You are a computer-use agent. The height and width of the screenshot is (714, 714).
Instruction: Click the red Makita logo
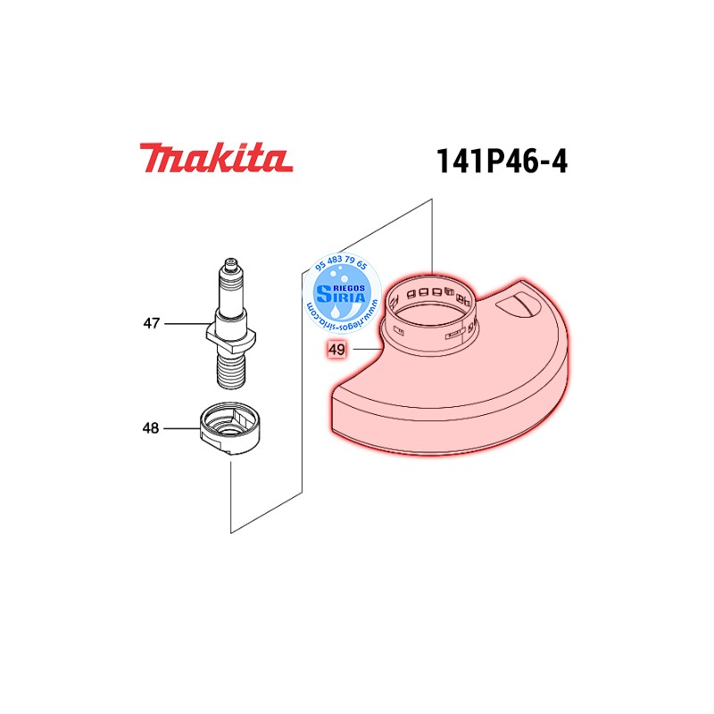(215, 159)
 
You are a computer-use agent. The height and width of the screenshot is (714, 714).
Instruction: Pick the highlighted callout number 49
(336, 351)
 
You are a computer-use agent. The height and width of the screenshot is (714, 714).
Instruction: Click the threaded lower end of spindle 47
(232, 369)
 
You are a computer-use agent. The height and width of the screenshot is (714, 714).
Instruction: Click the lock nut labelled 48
(231, 431)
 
